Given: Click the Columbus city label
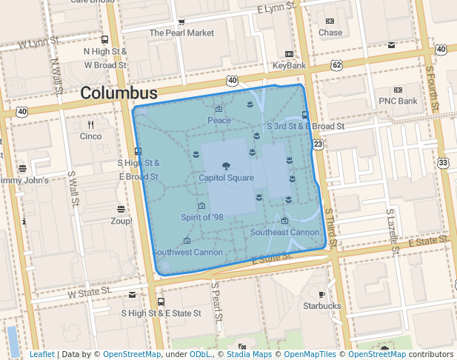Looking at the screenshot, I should (119, 93).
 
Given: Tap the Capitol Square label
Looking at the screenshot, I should (226, 178).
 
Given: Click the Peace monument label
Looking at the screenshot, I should (219, 120).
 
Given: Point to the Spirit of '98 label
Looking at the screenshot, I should (201, 217).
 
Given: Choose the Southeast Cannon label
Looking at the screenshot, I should (285, 232).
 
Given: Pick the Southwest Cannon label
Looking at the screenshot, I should (187, 252).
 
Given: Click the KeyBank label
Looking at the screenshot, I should (289, 65).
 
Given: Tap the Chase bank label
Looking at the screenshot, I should (330, 33).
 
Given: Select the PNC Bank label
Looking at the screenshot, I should (398, 101).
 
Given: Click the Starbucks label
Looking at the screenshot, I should (321, 305).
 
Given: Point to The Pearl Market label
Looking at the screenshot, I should (181, 33).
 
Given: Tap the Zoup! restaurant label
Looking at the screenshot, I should (121, 221).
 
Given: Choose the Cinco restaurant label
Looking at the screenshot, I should (90, 136).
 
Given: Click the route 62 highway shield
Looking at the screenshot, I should (337, 65).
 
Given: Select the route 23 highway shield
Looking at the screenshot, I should (318, 144).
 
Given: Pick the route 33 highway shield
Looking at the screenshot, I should (443, 162).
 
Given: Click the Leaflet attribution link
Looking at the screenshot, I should (41, 355).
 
